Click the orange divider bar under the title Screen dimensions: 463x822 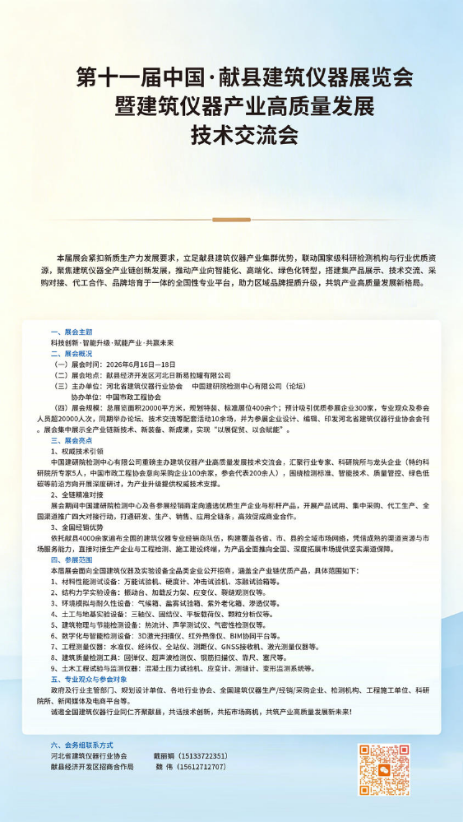pos(231,220)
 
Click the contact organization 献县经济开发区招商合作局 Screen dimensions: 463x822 pos(92,766)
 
